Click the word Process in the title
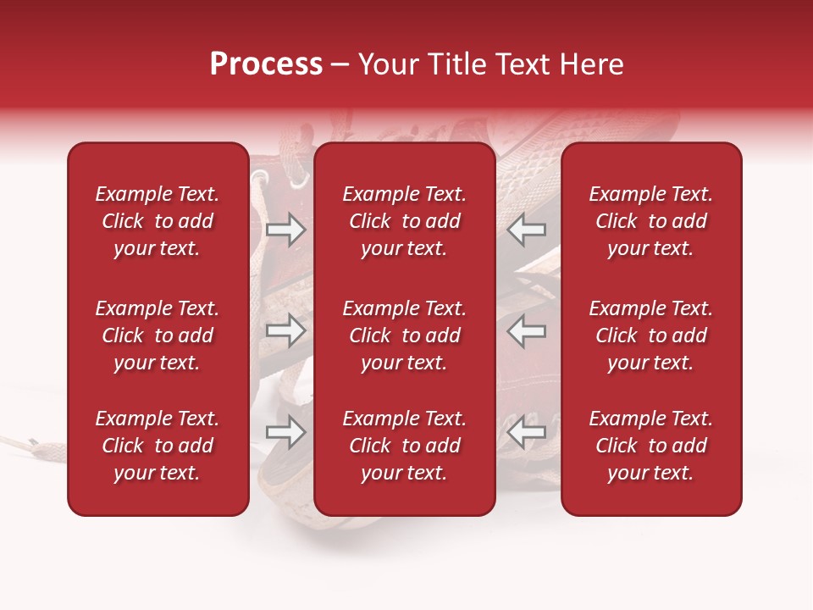266,64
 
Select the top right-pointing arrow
285,230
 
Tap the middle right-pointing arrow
285,331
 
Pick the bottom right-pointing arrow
285,433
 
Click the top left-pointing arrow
527,230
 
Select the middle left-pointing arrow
527,331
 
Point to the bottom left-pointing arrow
527,433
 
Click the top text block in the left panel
157,221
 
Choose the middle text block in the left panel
157,335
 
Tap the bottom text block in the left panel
157,446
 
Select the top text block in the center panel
404,221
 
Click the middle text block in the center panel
404,335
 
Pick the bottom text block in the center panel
404,446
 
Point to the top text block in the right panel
650,221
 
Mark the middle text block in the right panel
650,335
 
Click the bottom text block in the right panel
650,446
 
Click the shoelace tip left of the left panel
32,441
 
